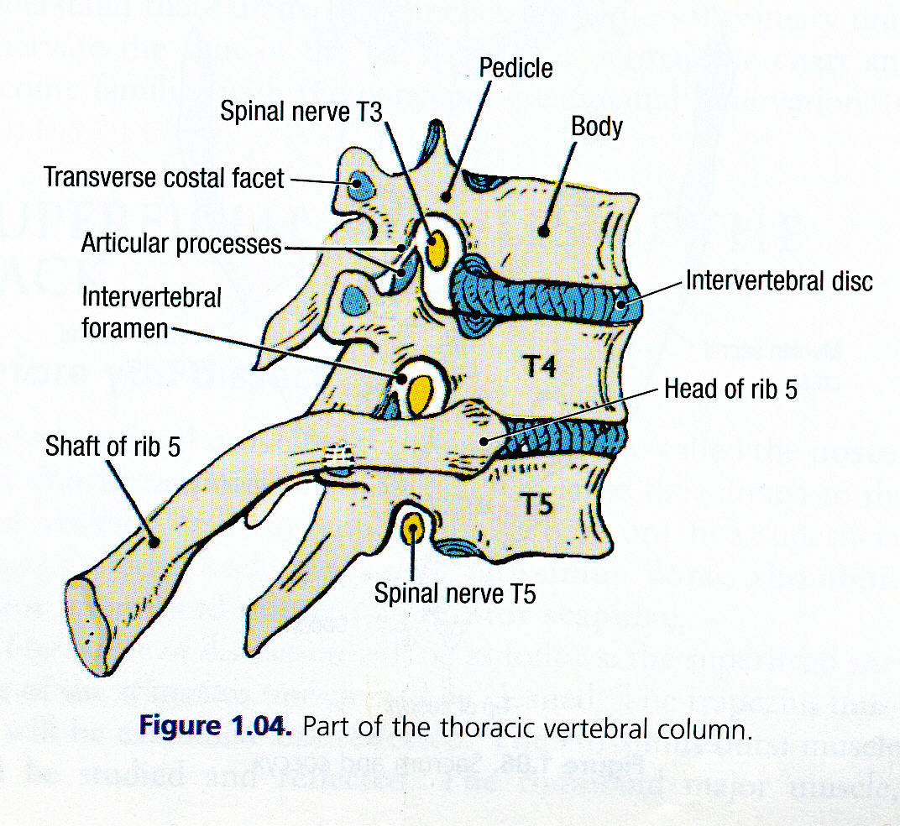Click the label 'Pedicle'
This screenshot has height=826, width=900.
point(515,67)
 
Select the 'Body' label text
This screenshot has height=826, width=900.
point(596,127)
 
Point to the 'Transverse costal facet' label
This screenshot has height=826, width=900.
point(164,178)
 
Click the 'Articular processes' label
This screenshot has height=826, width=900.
point(181,244)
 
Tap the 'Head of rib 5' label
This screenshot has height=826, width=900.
point(730,389)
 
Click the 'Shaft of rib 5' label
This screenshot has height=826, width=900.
point(112,447)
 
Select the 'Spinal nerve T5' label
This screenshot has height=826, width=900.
point(454,593)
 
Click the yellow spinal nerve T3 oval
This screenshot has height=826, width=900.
point(437,248)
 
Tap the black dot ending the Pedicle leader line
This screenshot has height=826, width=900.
point(447,196)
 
